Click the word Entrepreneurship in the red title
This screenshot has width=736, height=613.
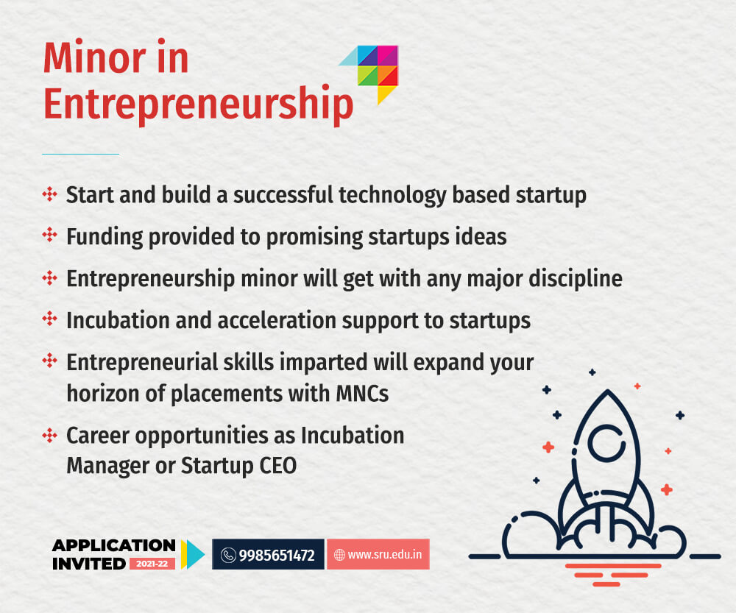click(198, 104)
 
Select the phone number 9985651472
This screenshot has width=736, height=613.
click(277, 556)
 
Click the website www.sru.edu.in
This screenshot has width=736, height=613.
click(384, 554)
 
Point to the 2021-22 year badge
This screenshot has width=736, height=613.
click(152, 563)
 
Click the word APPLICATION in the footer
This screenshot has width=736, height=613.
click(114, 545)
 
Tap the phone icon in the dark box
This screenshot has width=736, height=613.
click(228, 556)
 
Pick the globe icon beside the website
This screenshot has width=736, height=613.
click(339, 555)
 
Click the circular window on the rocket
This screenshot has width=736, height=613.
click(606, 443)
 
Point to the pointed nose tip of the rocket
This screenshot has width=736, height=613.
click(608, 390)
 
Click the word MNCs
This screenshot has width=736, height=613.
click(362, 393)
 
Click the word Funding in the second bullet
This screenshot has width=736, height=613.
click(105, 236)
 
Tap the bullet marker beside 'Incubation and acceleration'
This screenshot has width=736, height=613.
click(50, 319)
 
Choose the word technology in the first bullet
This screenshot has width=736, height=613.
click(392, 195)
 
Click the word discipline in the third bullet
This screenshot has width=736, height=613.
click(576, 279)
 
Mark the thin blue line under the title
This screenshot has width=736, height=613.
click(81, 154)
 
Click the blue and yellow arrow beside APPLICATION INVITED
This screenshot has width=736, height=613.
click(193, 554)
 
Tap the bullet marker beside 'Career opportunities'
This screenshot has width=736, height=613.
click(50, 435)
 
